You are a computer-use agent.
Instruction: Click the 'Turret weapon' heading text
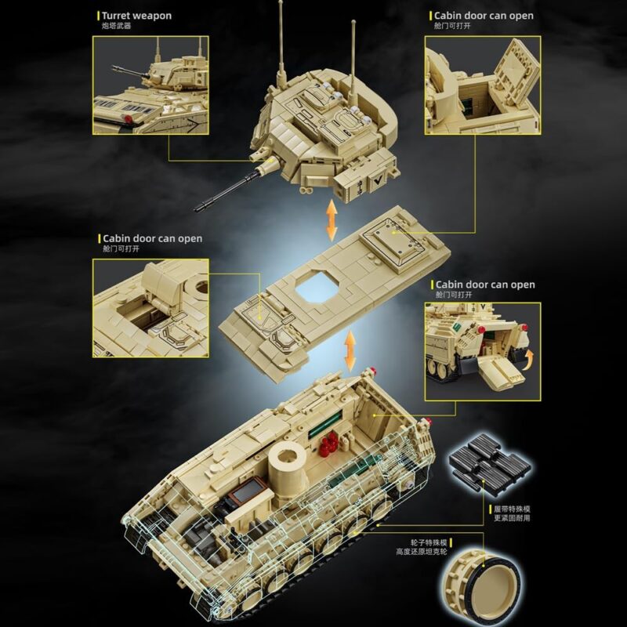136,16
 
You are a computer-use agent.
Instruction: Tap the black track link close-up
491,463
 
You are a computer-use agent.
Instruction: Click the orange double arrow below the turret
332,220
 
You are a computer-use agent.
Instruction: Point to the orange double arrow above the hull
350,350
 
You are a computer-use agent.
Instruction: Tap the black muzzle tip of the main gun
199,208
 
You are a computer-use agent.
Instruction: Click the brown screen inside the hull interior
249,491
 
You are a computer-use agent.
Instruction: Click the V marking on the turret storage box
376,180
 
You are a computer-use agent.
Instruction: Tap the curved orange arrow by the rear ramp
529,357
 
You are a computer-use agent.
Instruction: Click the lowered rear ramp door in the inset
501,371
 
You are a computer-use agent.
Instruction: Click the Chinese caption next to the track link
512,513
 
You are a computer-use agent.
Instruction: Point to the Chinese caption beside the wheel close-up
422,547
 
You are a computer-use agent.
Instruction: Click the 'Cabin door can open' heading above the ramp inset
485,285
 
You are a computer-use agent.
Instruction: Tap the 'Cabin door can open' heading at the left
152,238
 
